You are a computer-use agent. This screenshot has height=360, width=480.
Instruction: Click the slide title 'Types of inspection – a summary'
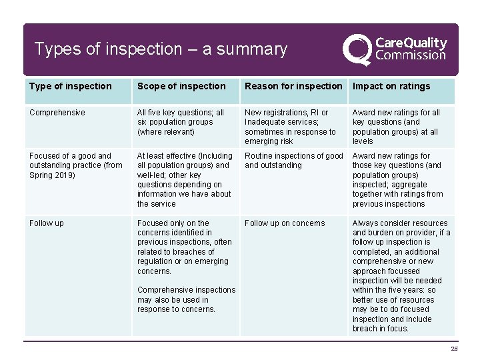click(x=161, y=49)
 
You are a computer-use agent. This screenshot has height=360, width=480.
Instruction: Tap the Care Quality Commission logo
click(x=395, y=49)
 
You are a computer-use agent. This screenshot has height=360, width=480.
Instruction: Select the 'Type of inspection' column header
click(x=71, y=86)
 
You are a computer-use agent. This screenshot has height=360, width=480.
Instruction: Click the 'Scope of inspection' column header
click(x=181, y=86)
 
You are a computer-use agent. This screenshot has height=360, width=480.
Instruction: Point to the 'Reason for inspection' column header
click(x=293, y=86)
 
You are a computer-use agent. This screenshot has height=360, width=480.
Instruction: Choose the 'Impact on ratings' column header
click(x=391, y=86)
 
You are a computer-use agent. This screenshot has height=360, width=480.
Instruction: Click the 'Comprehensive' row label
click(x=57, y=113)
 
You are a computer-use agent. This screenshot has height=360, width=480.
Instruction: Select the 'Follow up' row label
click(x=47, y=223)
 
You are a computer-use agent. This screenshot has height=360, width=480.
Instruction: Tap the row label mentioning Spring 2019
click(x=76, y=165)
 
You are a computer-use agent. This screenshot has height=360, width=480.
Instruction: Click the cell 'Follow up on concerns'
click(x=285, y=223)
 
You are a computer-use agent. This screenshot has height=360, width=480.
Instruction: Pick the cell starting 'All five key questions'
click(x=181, y=122)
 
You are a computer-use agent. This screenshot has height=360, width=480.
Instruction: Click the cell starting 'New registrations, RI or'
click(x=290, y=127)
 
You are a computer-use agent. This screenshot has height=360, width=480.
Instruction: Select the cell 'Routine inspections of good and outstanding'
click(x=293, y=161)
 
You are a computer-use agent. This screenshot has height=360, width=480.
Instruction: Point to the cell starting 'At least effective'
click(x=185, y=180)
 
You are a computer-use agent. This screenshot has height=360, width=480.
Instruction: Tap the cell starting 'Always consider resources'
click(x=401, y=275)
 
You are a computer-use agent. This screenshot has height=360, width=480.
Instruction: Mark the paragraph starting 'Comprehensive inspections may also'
click(x=186, y=300)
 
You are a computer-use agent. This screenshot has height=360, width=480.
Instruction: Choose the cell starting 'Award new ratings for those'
click(x=397, y=180)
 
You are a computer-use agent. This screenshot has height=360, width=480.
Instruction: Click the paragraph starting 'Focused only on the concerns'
click(x=185, y=247)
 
